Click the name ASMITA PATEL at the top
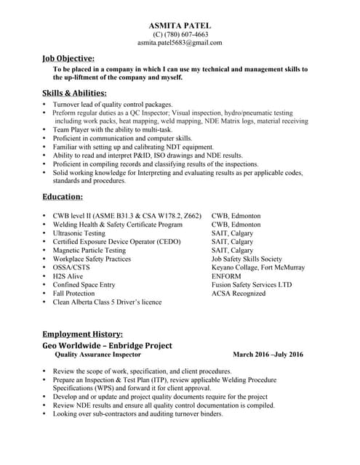pos(180,25)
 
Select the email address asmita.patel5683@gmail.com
pos(180,43)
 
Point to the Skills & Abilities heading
pos(75,93)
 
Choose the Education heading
pos(63,196)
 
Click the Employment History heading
pos(87,333)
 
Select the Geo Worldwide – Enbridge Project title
pos(107,346)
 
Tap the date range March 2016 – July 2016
pos(268,355)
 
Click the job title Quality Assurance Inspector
pos(98,355)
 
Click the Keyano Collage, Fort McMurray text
pos(257,267)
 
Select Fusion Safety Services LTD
pos(251,285)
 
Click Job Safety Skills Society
pos(246,259)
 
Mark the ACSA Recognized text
pos(239,294)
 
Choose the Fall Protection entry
pos(73,294)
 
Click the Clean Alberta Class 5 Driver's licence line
pos(107,302)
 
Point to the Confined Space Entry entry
pos(84,285)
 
